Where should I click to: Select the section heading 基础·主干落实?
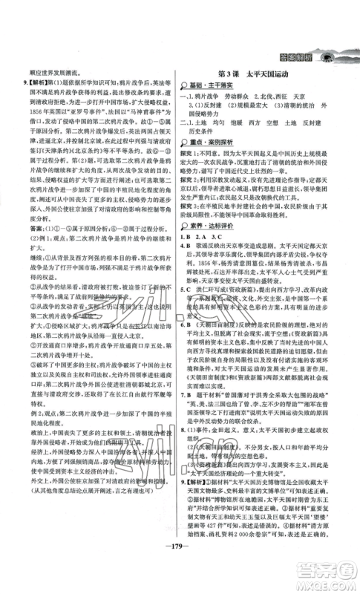(216, 88)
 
